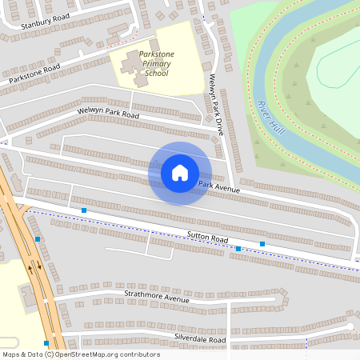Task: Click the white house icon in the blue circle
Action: tap(180, 172)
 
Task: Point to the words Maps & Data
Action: tap(22, 354)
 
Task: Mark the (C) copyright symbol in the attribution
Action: tap(49, 354)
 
